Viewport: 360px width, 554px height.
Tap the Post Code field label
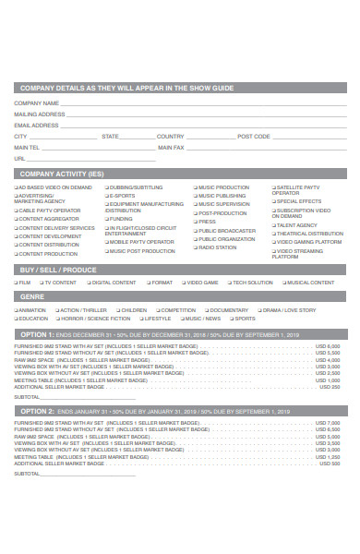coord(254,136)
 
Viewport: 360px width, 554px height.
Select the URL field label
coord(19,158)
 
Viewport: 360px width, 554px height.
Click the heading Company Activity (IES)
coord(62,173)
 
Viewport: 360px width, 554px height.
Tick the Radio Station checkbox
coord(195,247)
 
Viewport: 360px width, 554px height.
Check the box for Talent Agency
coord(272,224)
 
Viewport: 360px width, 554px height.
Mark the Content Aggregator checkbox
coord(17,219)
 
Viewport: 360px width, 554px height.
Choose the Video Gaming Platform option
coord(272,242)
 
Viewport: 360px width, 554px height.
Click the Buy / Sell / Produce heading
coord(58,270)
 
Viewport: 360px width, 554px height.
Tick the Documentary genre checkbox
coord(206,310)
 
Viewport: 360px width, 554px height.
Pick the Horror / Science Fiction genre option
coord(56,319)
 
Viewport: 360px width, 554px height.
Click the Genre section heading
coord(32,297)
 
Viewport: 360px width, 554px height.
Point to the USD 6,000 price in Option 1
coord(328,346)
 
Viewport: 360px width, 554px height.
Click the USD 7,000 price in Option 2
coord(328,422)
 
